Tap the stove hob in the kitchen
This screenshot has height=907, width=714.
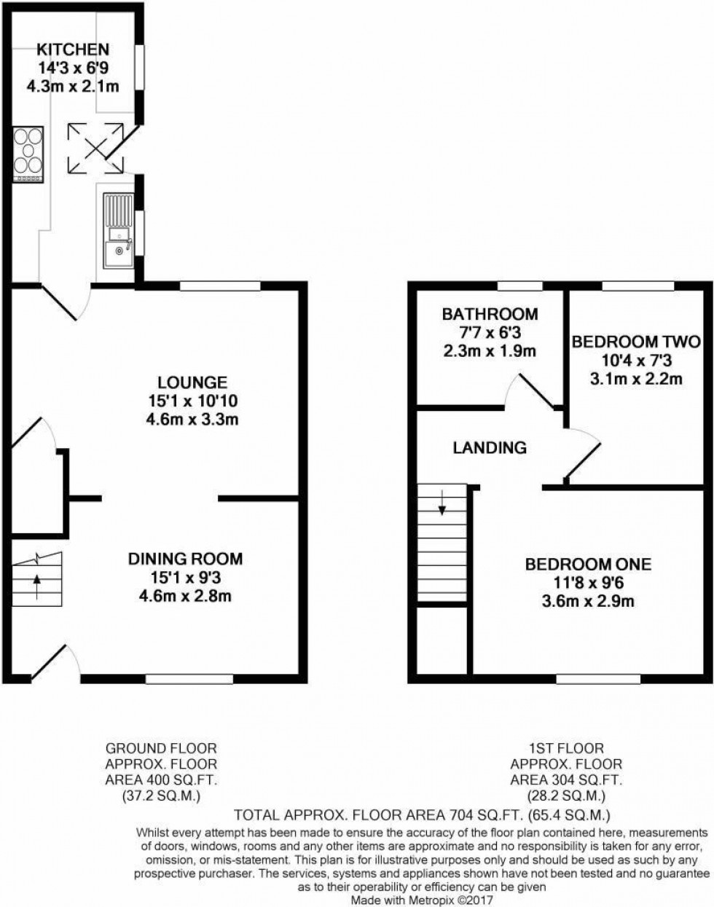tap(28, 154)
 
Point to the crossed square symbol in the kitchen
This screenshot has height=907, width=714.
tap(95, 149)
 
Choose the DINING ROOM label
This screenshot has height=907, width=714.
tap(185, 559)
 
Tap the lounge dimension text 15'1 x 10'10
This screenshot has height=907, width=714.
tap(193, 401)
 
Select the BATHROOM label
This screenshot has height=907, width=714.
tap(490, 315)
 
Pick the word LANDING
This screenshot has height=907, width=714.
tap(490, 447)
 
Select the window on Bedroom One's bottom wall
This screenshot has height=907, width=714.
tap(598, 679)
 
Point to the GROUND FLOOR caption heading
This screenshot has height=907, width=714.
tap(162, 748)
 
